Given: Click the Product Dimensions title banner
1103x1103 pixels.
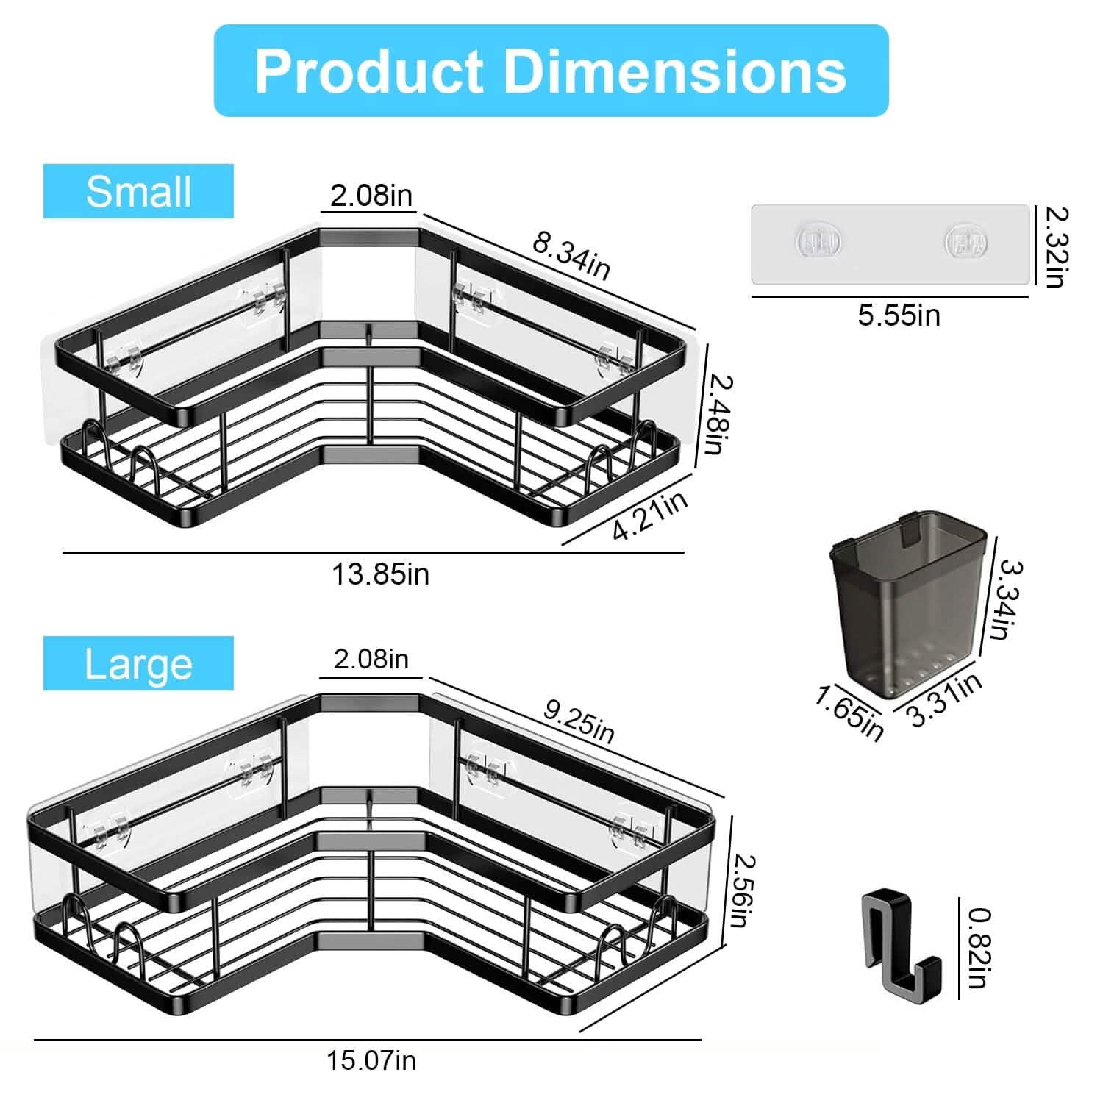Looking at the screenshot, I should point(551,71).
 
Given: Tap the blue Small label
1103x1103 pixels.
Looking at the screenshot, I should point(138,191).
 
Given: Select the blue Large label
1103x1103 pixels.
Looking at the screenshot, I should point(138,663).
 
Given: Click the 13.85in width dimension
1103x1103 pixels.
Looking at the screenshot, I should point(380,574).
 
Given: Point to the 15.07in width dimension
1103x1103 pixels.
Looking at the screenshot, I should point(371,1060).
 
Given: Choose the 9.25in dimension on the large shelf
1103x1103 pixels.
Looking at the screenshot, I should point(579,721).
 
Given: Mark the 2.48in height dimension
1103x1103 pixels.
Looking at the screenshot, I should point(717,414).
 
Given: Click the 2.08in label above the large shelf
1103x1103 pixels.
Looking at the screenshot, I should point(371,659).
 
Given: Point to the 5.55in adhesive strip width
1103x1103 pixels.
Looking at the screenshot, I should point(899,315).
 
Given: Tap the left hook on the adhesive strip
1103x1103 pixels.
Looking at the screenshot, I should point(817,242).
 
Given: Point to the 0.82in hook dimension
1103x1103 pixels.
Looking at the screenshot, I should point(979,948).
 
